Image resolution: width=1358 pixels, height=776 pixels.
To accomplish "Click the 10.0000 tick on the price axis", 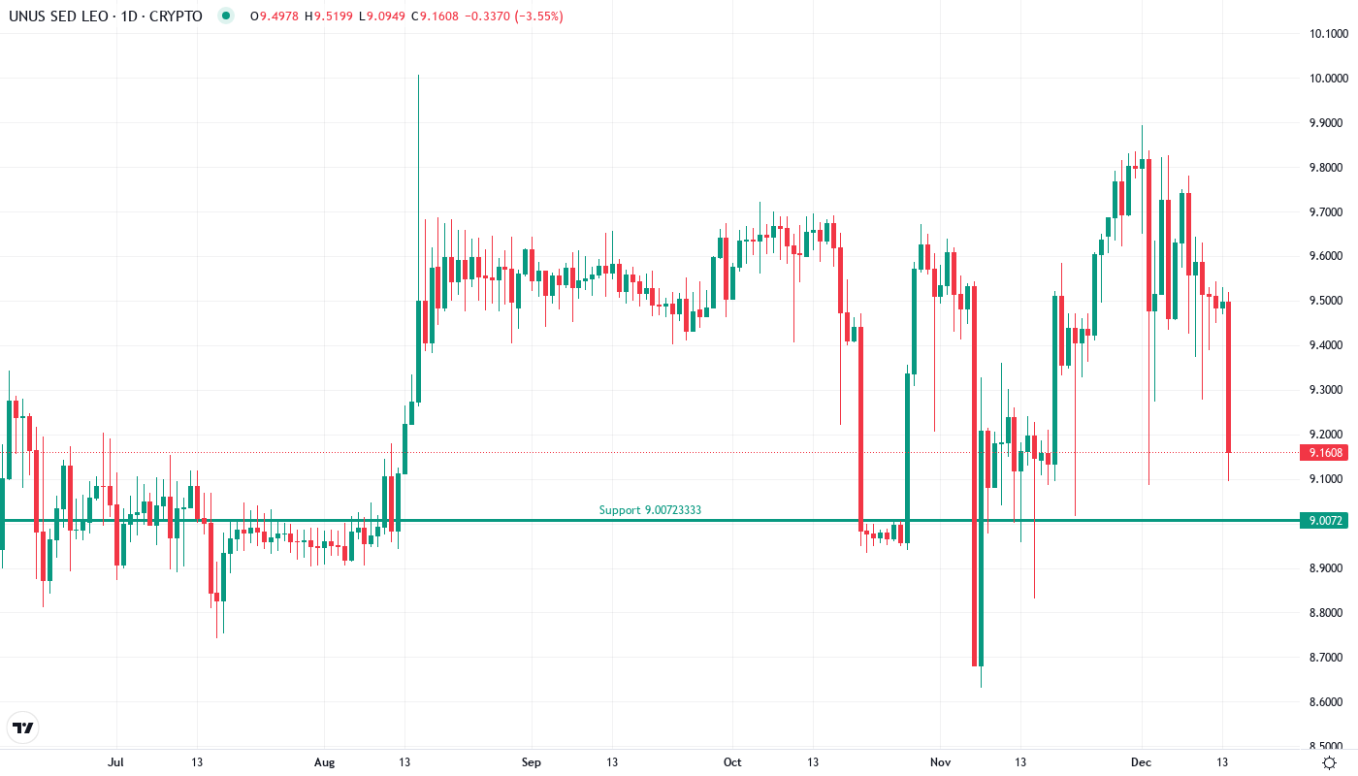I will [x=1327, y=79].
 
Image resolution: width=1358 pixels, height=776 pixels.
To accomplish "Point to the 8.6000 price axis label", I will [x=1327, y=701].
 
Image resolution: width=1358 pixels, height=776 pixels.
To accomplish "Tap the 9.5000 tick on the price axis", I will [x=1327, y=301].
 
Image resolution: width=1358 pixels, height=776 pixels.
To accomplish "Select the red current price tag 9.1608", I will [x=1325, y=453].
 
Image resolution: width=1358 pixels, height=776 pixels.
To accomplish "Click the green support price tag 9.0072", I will [x=1325, y=521].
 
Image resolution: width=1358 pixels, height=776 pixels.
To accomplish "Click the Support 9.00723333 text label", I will [x=650, y=510].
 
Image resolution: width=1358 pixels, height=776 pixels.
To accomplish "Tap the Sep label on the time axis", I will [x=531, y=762].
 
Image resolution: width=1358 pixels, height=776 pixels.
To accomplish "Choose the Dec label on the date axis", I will [x=1141, y=762].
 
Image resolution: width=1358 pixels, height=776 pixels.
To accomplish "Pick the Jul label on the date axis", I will [x=116, y=762].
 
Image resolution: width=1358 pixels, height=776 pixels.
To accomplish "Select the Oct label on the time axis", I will [x=732, y=762].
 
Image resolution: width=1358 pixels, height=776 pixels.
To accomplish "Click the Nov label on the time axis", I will [x=939, y=762].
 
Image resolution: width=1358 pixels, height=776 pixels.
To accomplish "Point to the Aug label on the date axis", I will [x=324, y=762].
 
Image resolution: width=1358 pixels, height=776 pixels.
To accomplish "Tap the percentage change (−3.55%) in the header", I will [x=540, y=16].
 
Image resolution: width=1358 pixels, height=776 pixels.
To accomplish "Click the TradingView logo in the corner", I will [x=22, y=727].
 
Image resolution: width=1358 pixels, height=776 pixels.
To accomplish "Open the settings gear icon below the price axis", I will [x=1329, y=762].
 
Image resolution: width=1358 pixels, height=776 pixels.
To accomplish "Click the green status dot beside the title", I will [x=227, y=16].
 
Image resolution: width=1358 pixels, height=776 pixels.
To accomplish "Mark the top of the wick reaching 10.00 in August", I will [x=418, y=76].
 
